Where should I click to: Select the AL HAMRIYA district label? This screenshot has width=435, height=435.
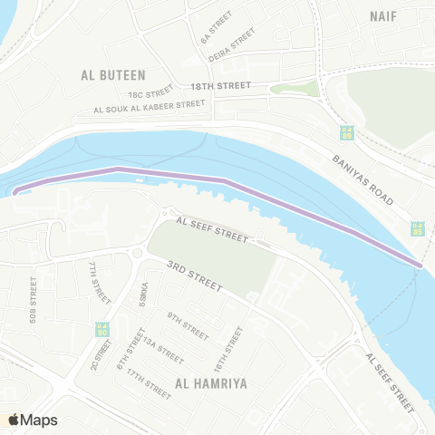point(212,383)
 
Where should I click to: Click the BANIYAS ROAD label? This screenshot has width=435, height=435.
point(368,180)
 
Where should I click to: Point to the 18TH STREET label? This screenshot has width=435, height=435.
point(219,85)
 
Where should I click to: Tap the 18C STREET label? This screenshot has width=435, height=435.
point(150,92)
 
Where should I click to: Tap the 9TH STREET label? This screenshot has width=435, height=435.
point(187,319)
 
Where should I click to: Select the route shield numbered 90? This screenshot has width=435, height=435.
point(101,328)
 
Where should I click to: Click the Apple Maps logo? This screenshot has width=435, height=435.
point(34,420)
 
